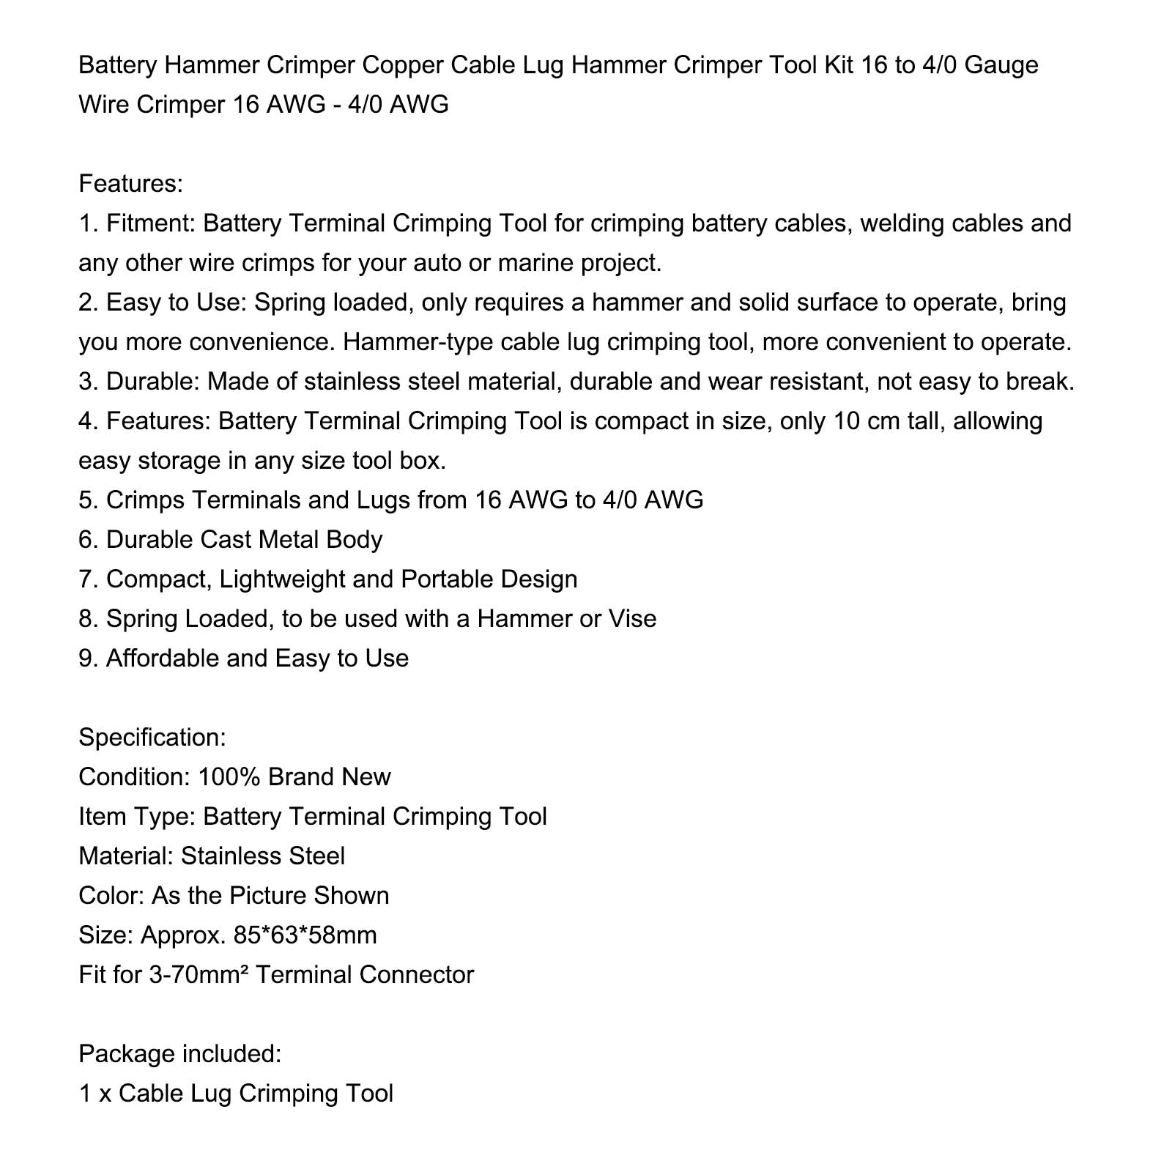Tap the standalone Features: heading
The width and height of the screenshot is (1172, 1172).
pyautogui.click(x=130, y=184)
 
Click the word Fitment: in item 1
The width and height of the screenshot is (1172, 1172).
pyautogui.click(x=150, y=223)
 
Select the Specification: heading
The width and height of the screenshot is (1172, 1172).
pyautogui.click(x=152, y=738)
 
